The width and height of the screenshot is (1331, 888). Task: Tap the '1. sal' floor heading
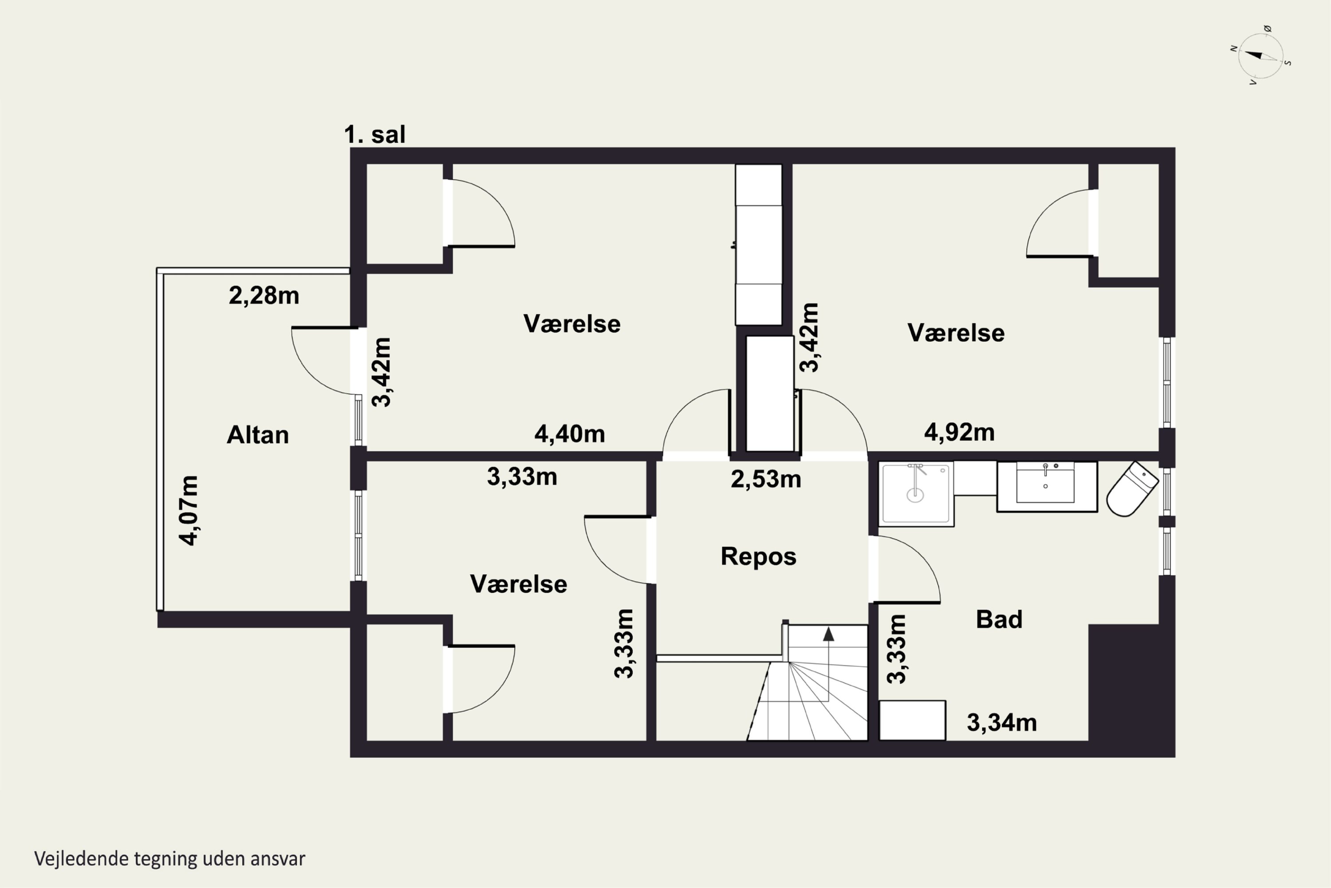click(374, 135)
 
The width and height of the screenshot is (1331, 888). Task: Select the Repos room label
click(758, 557)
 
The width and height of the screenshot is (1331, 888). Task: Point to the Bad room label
click(999, 619)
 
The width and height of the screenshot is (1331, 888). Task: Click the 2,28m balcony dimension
click(264, 296)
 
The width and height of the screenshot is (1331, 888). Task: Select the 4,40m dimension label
click(569, 434)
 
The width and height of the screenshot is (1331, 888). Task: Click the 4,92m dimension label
click(959, 432)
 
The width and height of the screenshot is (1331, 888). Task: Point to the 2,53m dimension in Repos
click(766, 480)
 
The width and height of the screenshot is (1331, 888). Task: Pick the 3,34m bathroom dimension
click(1002, 723)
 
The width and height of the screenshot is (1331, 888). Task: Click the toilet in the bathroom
click(1132, 489)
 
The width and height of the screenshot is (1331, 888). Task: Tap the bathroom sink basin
click(1045, 483)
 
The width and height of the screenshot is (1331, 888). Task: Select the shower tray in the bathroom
click(916, 494)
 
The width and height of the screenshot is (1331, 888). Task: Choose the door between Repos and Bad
click(904, 569)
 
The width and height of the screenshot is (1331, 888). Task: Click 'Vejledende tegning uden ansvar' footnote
click(170, 859)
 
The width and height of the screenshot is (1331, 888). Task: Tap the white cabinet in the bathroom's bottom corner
click(912, 720)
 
